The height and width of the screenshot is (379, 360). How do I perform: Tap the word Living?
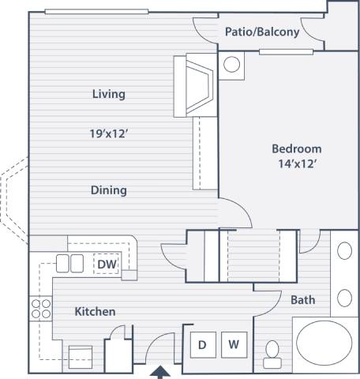point(108,94)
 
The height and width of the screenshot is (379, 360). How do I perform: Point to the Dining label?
point(108,190)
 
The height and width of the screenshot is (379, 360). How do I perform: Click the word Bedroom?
point(297,148)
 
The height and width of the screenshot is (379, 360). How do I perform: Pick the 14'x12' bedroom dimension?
point(297,164)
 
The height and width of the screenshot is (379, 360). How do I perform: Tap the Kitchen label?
point(95,312)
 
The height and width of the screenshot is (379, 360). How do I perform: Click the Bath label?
point(303,300)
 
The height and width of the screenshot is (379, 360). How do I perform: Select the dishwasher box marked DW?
point(107,264)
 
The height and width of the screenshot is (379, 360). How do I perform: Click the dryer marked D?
point(202,343)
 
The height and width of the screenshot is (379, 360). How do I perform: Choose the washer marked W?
point(234,343)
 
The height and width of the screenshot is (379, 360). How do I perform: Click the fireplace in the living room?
point(198,84)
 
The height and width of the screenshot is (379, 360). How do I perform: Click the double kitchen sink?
point(69,264)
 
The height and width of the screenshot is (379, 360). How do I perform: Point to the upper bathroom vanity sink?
point(344,252)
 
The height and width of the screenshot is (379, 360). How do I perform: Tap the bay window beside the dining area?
point(17,197)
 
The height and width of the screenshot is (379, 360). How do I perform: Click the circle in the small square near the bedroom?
point(233,65)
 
